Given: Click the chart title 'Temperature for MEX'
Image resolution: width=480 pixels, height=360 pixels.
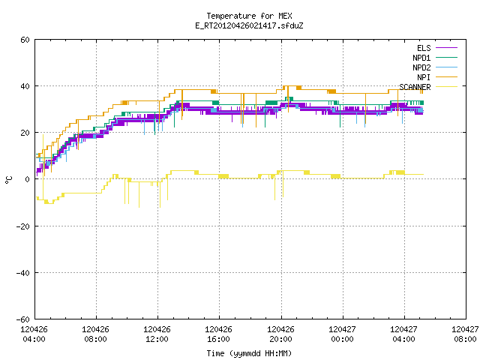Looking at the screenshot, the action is point(249,16).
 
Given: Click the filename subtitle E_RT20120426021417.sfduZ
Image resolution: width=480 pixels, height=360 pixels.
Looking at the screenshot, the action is point(249,25).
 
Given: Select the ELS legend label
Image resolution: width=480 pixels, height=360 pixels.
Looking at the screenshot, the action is point(424,48).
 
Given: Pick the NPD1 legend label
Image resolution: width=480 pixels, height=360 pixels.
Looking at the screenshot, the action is point(421,58).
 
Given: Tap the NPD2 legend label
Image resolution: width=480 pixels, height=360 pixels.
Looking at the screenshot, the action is point(421,67).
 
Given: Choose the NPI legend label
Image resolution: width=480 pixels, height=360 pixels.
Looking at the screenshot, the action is point(424,77).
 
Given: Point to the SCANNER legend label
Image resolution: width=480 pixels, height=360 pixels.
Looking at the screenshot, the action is point(415,87).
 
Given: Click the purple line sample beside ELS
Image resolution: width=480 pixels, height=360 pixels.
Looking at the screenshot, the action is point(447,48).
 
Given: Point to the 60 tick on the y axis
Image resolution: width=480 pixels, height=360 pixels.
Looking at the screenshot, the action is point(25,40).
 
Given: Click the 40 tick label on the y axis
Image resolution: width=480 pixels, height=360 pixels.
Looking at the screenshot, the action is point(25,86).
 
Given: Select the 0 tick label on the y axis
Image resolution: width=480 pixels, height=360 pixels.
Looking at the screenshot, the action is point(28,179).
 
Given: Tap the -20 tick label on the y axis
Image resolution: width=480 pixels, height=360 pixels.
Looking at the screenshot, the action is point(23,226).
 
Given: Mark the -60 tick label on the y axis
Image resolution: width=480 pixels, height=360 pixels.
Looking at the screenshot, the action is point(23,319).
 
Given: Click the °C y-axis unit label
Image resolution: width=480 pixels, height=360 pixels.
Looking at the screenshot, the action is point(8,180).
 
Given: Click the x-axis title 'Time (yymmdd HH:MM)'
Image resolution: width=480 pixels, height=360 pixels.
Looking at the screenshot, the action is point(249,353).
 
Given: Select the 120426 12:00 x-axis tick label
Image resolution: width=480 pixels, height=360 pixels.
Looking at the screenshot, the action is point(157,334).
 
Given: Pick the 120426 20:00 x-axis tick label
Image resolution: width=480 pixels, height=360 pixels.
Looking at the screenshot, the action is point(280,334).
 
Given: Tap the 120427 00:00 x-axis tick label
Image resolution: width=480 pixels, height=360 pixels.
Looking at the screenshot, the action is point(342,334).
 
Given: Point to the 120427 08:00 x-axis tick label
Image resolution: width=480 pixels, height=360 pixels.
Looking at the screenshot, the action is point(465,334).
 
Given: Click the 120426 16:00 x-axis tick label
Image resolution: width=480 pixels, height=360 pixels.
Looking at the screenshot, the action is point(218,334).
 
